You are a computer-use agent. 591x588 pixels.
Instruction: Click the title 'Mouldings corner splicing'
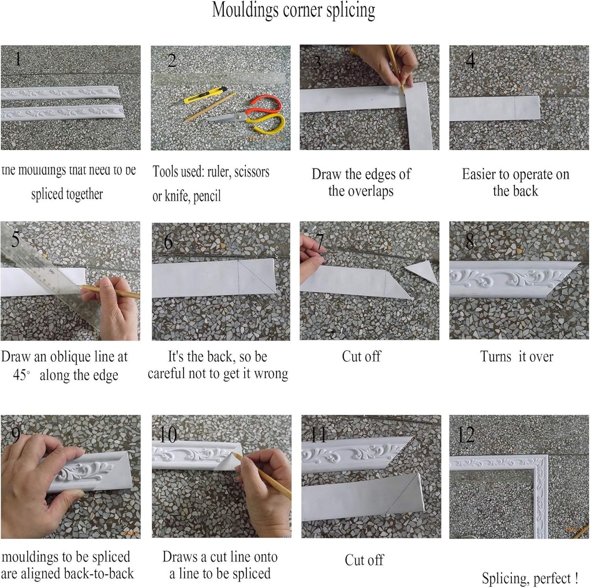click(x=293, y=10)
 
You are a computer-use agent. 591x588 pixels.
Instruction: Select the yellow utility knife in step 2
click(x=205, y=95)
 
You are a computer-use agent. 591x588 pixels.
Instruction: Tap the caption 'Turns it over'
click(x=517, y=357)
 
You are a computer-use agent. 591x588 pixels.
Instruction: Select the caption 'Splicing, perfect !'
click(x=530, y=578)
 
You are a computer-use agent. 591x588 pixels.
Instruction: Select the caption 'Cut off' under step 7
click(x=361, y=356)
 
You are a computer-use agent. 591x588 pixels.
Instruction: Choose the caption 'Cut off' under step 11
click(x=364, y=560)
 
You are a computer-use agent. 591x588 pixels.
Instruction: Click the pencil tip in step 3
click(x=403, y=91)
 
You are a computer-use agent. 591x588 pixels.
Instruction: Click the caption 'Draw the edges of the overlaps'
click(x=361, y=182)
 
